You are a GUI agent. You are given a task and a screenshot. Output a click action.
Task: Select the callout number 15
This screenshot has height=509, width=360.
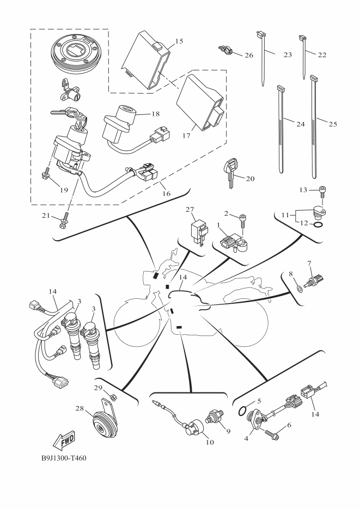pyautogui.click(x=179, y=41)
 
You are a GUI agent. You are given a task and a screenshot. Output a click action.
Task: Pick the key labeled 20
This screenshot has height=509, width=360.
pyautogui.click(x=230, y=171)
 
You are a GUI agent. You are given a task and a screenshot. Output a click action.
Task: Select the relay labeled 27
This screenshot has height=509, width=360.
pyautogui.click(x=199, y=231)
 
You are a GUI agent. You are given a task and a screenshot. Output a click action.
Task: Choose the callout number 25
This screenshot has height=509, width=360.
pyautogui.click(x=333, y=124)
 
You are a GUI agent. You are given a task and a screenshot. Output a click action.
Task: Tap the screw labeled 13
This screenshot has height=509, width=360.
pyautogui.click(x=322, y=192)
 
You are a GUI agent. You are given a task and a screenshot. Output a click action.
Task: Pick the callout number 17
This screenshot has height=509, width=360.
pyautogui.click(x=186, y=136)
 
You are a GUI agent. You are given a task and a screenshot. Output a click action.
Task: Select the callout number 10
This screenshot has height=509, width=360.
pyautogui.click(x=210, y=442)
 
